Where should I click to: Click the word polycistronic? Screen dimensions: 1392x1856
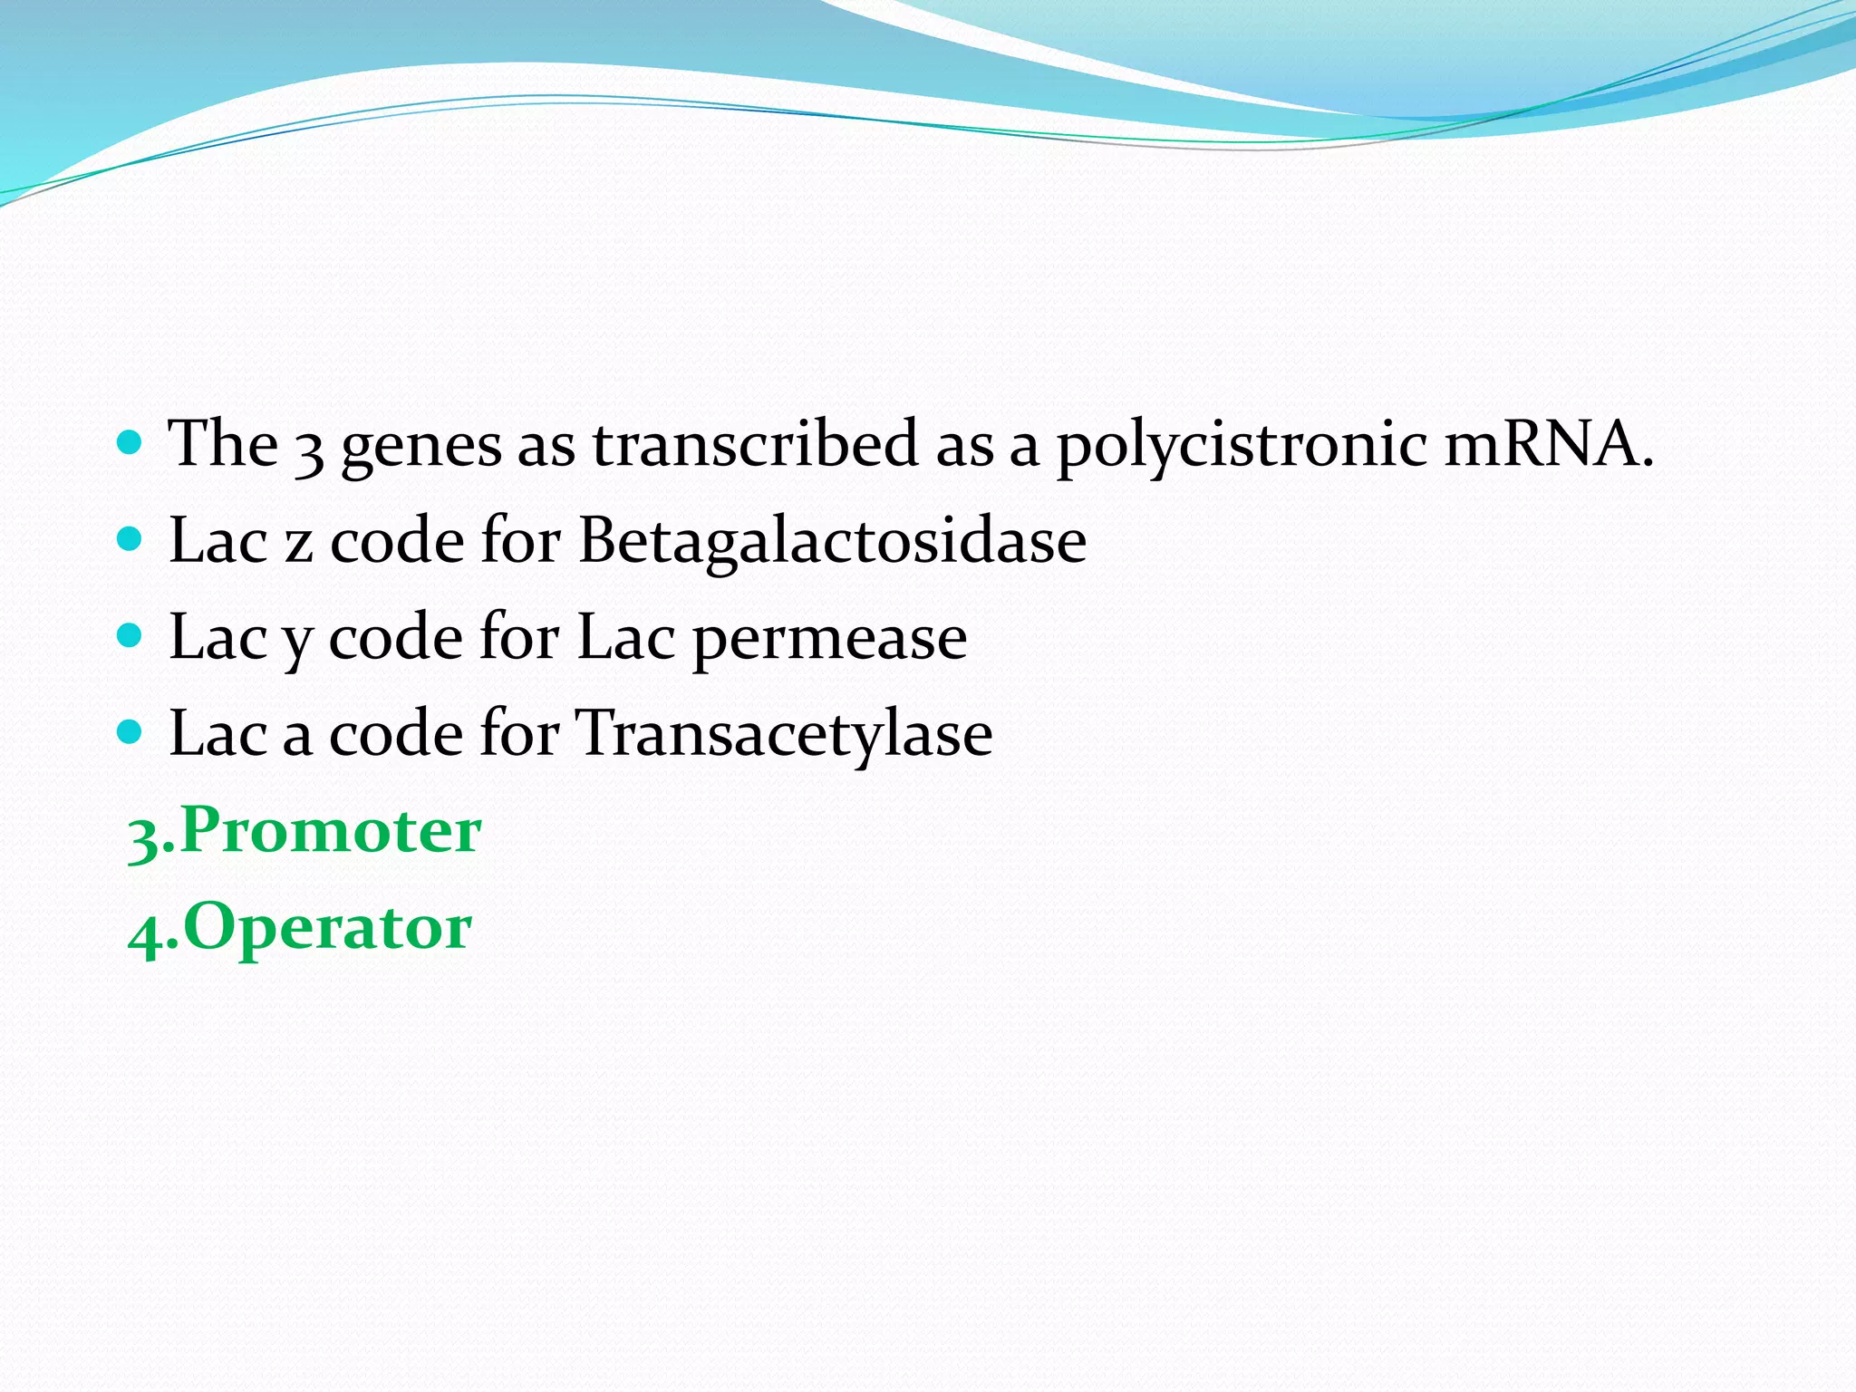point(1242,446)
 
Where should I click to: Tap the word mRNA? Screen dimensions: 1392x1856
point(1548,444)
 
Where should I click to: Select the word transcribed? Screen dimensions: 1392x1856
point(755,444)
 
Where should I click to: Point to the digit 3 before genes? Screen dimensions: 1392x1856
point(310,449)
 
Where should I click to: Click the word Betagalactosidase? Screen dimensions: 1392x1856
point(832,541)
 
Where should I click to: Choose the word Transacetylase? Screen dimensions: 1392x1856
point(785,734)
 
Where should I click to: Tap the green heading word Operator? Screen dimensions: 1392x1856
point(327,928)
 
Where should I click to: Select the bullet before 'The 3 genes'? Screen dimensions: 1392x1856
point(130,443)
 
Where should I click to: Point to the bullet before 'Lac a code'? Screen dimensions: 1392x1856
point(130,732)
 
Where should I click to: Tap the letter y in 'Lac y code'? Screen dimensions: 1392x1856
point(298,642)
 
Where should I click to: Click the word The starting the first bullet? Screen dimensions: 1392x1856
point(223,444)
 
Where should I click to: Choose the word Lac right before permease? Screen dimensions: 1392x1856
point(626,637)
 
